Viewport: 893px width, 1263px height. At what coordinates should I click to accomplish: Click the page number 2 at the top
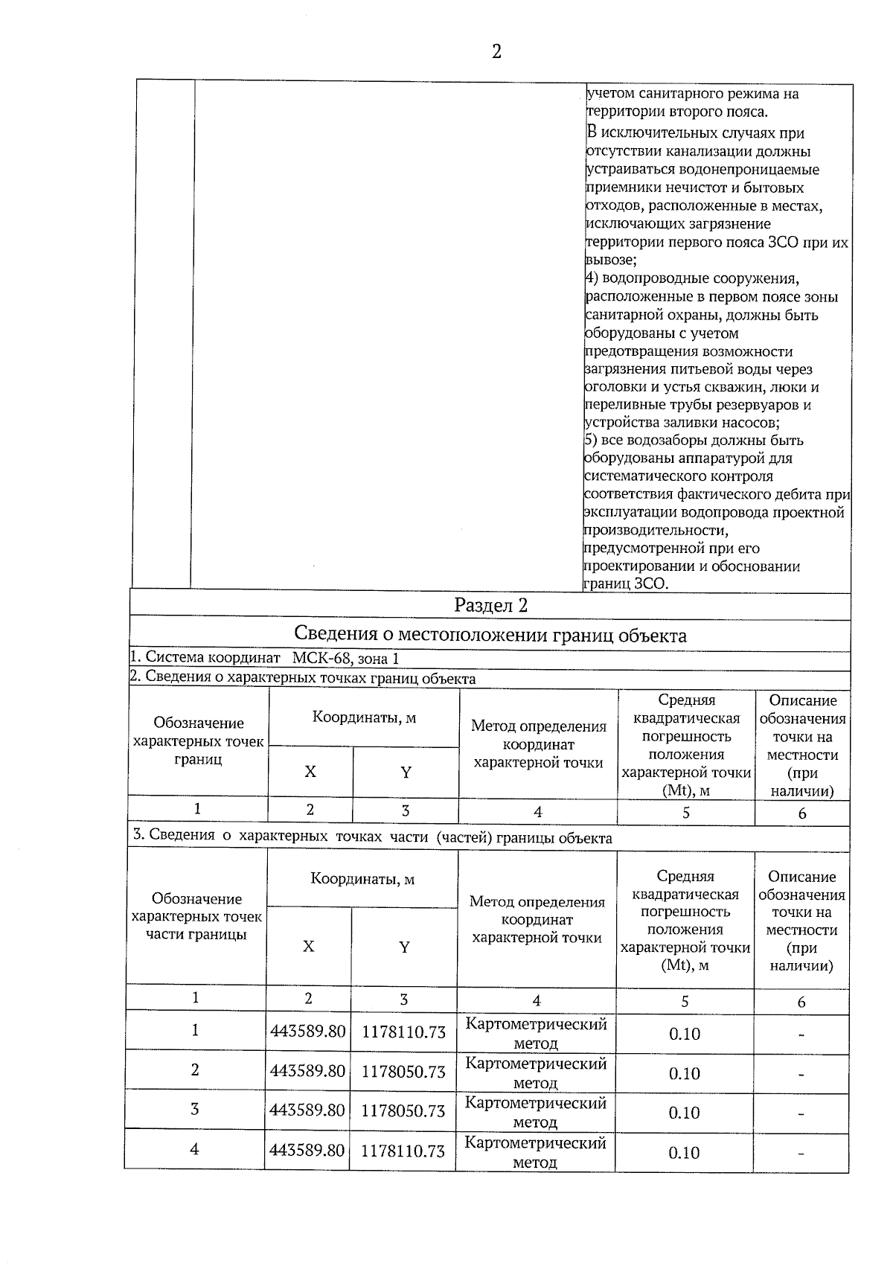(x=496, y=51)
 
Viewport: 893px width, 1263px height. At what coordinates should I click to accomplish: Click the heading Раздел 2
(x=490, y=605)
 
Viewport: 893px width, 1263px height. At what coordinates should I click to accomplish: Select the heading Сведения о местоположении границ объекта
(x=490, y=635)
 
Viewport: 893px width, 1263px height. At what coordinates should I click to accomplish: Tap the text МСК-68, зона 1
(x=345, y=658)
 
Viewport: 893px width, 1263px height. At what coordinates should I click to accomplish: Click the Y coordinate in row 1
(x=403, y=1032)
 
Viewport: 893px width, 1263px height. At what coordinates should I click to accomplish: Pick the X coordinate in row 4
(x=307, y=1150)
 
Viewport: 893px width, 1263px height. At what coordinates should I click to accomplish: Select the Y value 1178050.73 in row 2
(x=403, y=1071)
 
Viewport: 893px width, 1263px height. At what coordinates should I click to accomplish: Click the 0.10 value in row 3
(x=684, y=1113)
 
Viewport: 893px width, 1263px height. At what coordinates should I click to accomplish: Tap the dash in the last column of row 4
(x=801, y=1154)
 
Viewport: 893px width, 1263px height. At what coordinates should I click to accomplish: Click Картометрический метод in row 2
(x=536, y=1072)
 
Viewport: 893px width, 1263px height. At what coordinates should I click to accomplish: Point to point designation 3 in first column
(x=194, y=1109)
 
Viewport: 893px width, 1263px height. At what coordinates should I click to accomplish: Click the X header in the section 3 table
(x=308, y=946)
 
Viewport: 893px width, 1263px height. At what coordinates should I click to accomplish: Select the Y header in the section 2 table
(x=406, y=773)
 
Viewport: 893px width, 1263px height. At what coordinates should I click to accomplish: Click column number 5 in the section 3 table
(x=685, y=1002)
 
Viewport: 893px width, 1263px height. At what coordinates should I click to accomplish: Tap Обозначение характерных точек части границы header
(x=196, y=916)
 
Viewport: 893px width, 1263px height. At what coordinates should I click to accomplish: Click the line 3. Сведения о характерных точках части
(x=372, y=837)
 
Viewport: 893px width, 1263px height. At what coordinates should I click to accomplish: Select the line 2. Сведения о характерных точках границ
(x=303, y=678)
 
